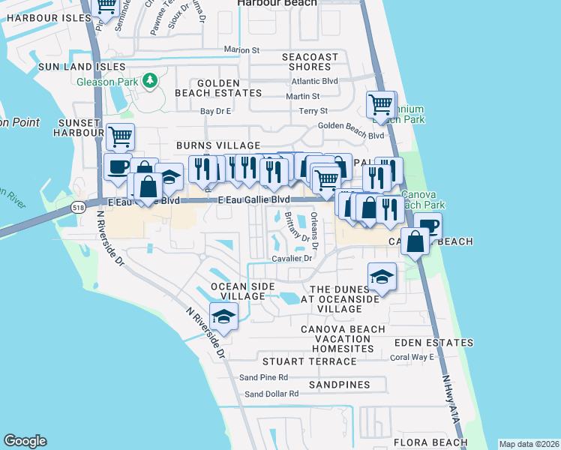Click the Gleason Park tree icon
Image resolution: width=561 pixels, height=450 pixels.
(150, 79)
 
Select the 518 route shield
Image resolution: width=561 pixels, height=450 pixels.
(78, 205)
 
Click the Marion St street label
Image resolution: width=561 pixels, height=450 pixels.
(241, 50)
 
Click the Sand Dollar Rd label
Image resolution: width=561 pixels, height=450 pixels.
(271, 394)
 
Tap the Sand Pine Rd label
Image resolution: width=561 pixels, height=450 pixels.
(263, 377)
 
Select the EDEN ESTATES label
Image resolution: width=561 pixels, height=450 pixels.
(424, 342)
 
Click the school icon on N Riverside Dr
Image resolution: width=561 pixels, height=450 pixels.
(223, 317)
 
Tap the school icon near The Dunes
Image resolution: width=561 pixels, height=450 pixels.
(382, 276)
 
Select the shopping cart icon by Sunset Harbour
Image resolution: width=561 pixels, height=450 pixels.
(120, 136)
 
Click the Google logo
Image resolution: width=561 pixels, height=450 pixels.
(25, 441)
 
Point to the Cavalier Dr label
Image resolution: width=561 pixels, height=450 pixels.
(292, 258)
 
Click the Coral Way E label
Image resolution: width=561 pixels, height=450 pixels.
(413, 357)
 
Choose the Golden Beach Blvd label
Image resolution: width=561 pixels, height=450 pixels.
(351, 136)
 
